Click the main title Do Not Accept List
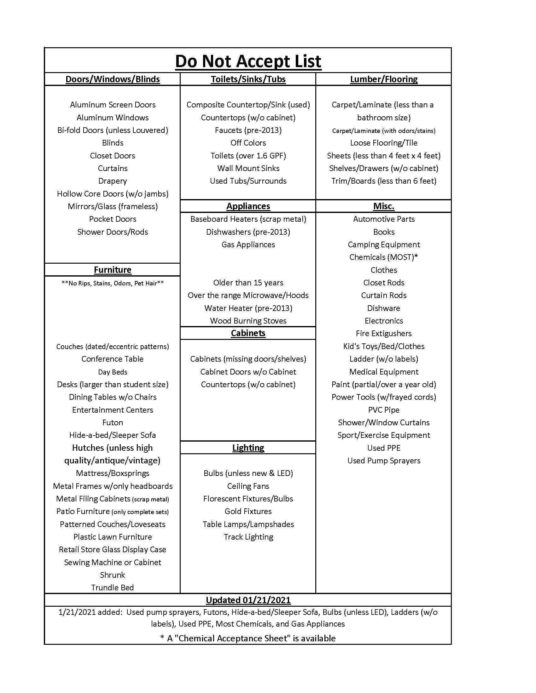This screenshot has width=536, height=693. click(248, 61)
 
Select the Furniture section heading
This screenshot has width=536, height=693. click(113, 270)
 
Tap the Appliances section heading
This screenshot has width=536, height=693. click(248, 206)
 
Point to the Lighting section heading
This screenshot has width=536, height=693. click(248, 447)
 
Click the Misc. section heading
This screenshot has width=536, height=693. click(384, 206)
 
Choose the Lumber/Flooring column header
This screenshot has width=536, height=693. click(384, 79)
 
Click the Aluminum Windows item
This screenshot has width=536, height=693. click(113, 117)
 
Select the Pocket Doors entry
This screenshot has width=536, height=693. click(113, 219)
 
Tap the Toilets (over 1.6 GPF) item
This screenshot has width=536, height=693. click(248, 156)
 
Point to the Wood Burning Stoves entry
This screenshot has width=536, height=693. click(248, 321)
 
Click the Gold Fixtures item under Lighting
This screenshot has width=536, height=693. click(248, 511)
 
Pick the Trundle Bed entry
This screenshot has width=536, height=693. click(113, 587)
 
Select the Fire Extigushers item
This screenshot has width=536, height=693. click(384, 333)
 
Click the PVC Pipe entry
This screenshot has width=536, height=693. click(384, 409)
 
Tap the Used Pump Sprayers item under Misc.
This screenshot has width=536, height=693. click(384, 461)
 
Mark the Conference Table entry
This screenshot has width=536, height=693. click(113, 359)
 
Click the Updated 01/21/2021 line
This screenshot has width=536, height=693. click(248, 600)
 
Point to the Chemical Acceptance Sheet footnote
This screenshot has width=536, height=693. click(248, 638)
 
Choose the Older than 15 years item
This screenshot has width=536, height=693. click(248, 283)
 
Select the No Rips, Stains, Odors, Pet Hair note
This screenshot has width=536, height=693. click(113, 283)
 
